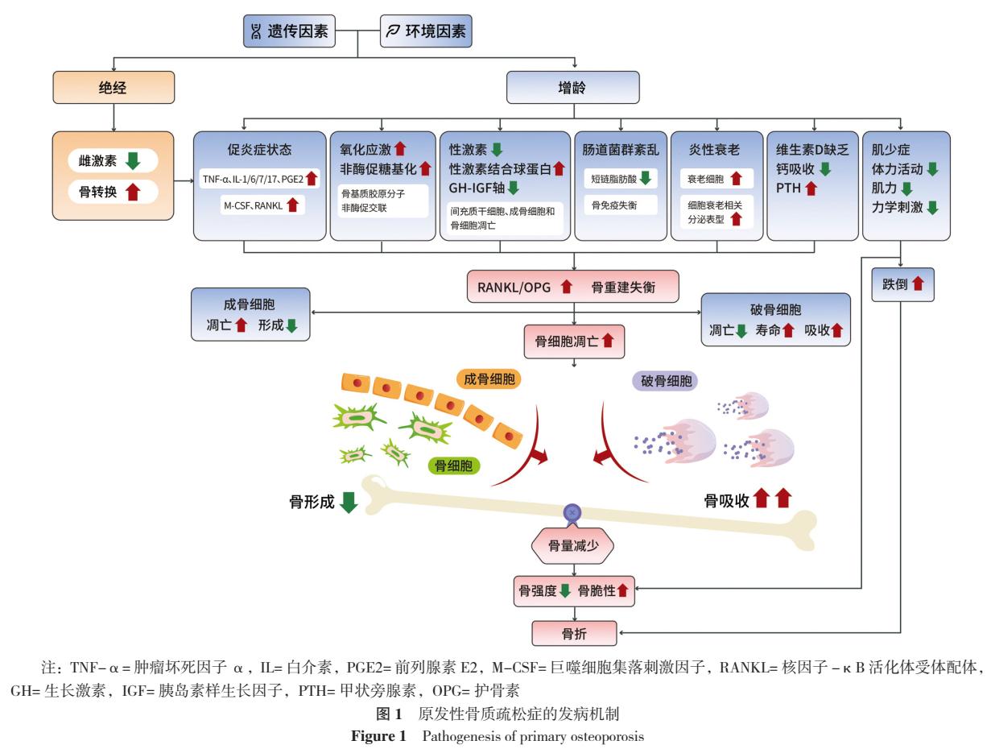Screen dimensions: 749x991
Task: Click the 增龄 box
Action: (x=573, y=88)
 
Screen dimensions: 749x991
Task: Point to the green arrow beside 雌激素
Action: (x=133, y=161)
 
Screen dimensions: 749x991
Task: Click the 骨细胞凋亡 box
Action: (x=573, y=341)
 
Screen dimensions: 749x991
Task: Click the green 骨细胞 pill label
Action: (x=453, y=465)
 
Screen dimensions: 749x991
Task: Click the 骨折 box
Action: (x=573, y=632)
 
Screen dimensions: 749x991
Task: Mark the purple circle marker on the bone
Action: (x=572, y=511)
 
